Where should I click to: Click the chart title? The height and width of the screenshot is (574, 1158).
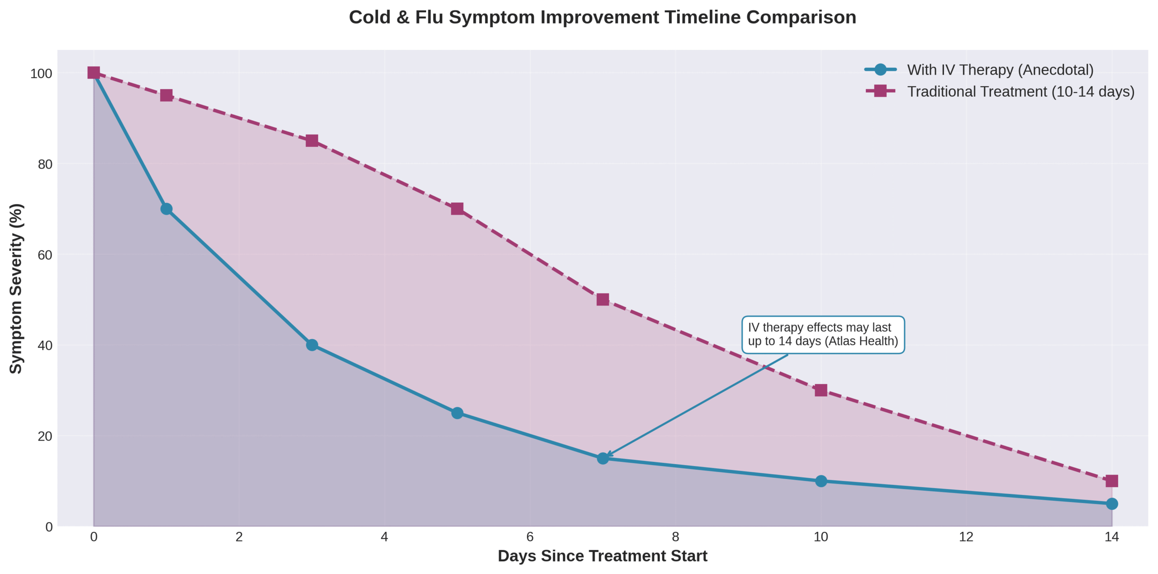[x=602, y=17]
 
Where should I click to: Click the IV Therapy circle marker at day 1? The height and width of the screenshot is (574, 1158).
[x=166, y=209]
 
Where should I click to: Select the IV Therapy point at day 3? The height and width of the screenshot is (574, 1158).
[x=312, y=345]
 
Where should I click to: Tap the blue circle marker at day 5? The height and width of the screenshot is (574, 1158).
[x=457, y=413]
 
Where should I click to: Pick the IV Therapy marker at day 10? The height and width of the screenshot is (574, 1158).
[x=821, y=481]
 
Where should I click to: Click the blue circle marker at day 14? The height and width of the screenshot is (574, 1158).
[x=1112, y=503]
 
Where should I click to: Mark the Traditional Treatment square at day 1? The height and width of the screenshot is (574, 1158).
[x=166, y=95]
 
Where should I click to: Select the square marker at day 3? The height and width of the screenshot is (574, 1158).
[x=312, y=141]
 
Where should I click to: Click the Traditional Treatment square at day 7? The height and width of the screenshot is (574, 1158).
[x=603, y=299]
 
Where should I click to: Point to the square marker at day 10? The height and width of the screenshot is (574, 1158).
[x=821, y=390]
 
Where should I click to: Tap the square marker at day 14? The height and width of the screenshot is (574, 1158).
[x=1112, y=481]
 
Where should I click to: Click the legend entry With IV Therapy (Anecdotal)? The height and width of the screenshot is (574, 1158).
[x=1000, y=70]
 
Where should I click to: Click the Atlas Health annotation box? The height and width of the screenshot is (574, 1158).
[x=823, y=334]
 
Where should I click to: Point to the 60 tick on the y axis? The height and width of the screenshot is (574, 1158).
[x=45, y=255]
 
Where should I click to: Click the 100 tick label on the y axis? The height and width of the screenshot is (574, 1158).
[x=41, y=74]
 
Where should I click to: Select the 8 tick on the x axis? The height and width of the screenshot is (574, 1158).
[x=675, y=537]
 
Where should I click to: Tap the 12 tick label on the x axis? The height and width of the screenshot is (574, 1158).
[x=966, y=537]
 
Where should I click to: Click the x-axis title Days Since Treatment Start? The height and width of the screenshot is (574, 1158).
[x=602, y=556]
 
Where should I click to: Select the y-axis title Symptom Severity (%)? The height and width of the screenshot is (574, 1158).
[x=16, y=288]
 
